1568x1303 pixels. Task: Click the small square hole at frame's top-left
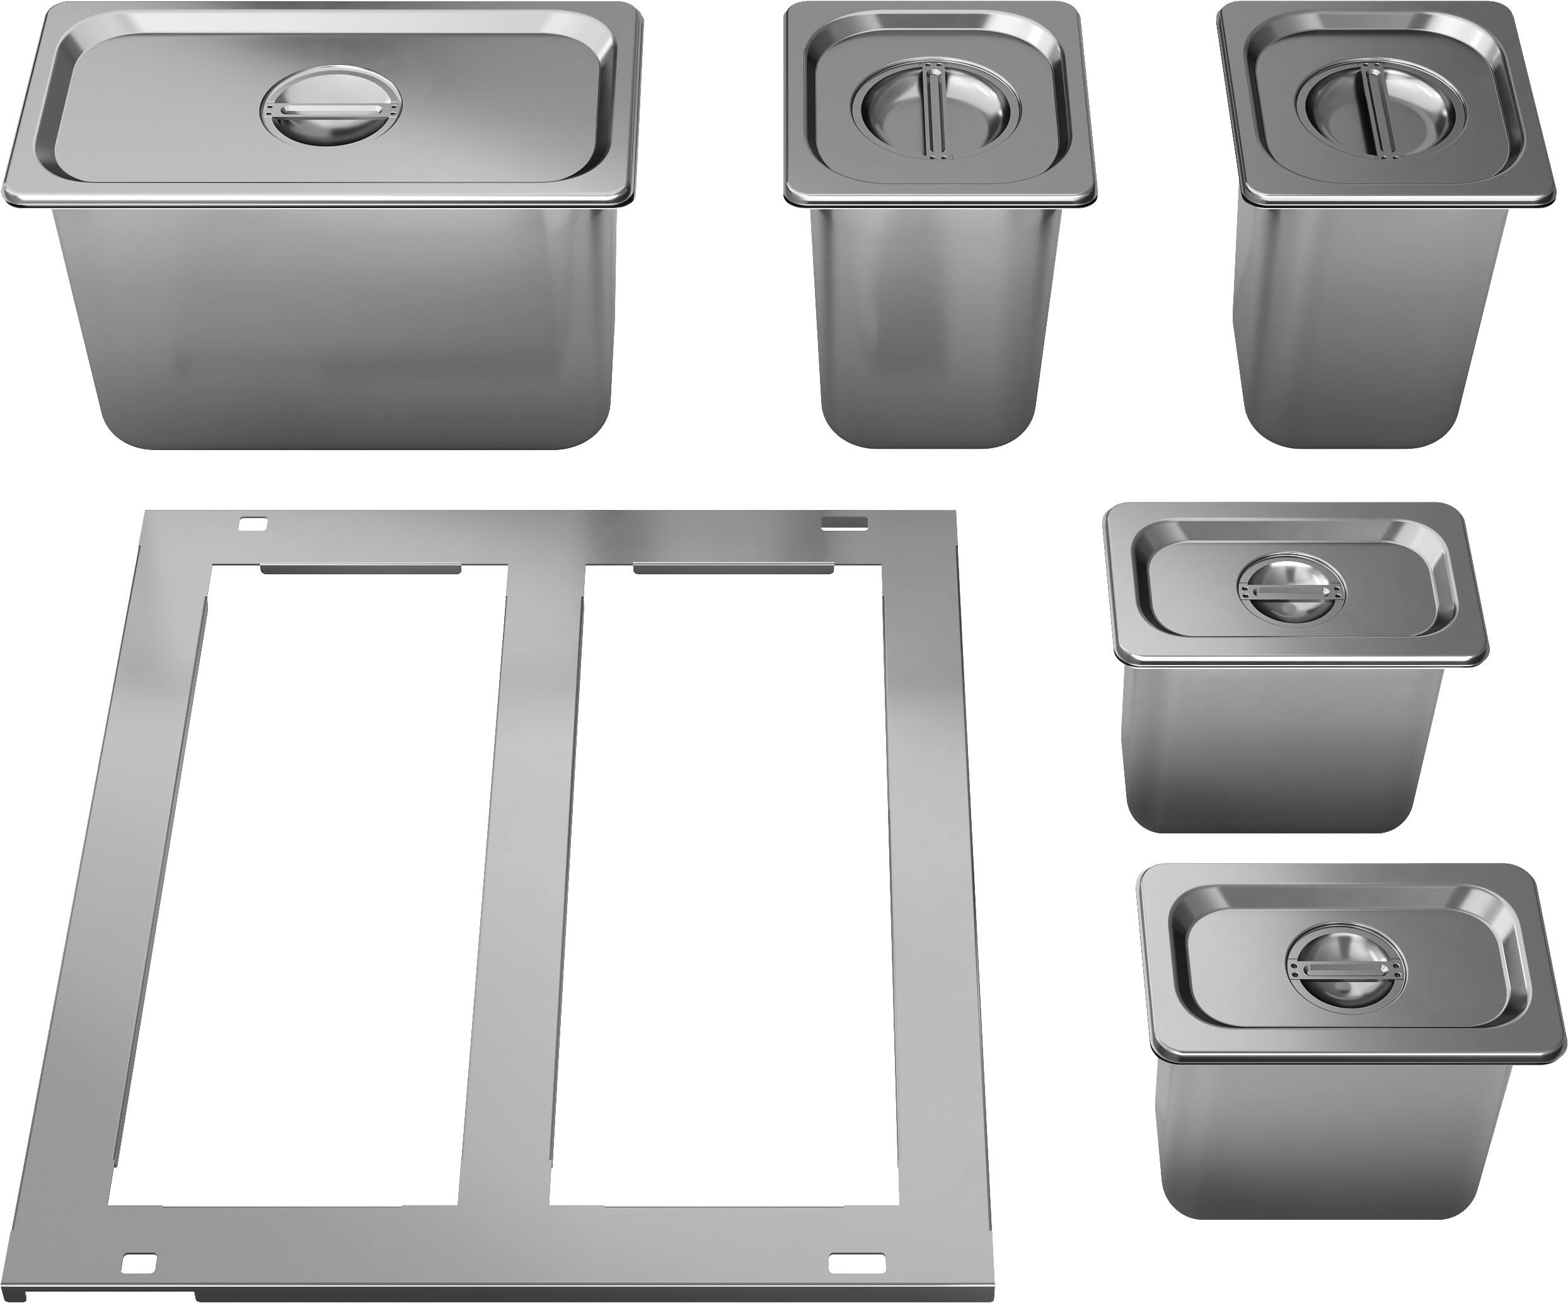[x=251, y=523]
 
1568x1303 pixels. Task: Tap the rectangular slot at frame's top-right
[x=844, y=523]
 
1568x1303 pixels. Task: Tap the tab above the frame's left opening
[x=360, y=569]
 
